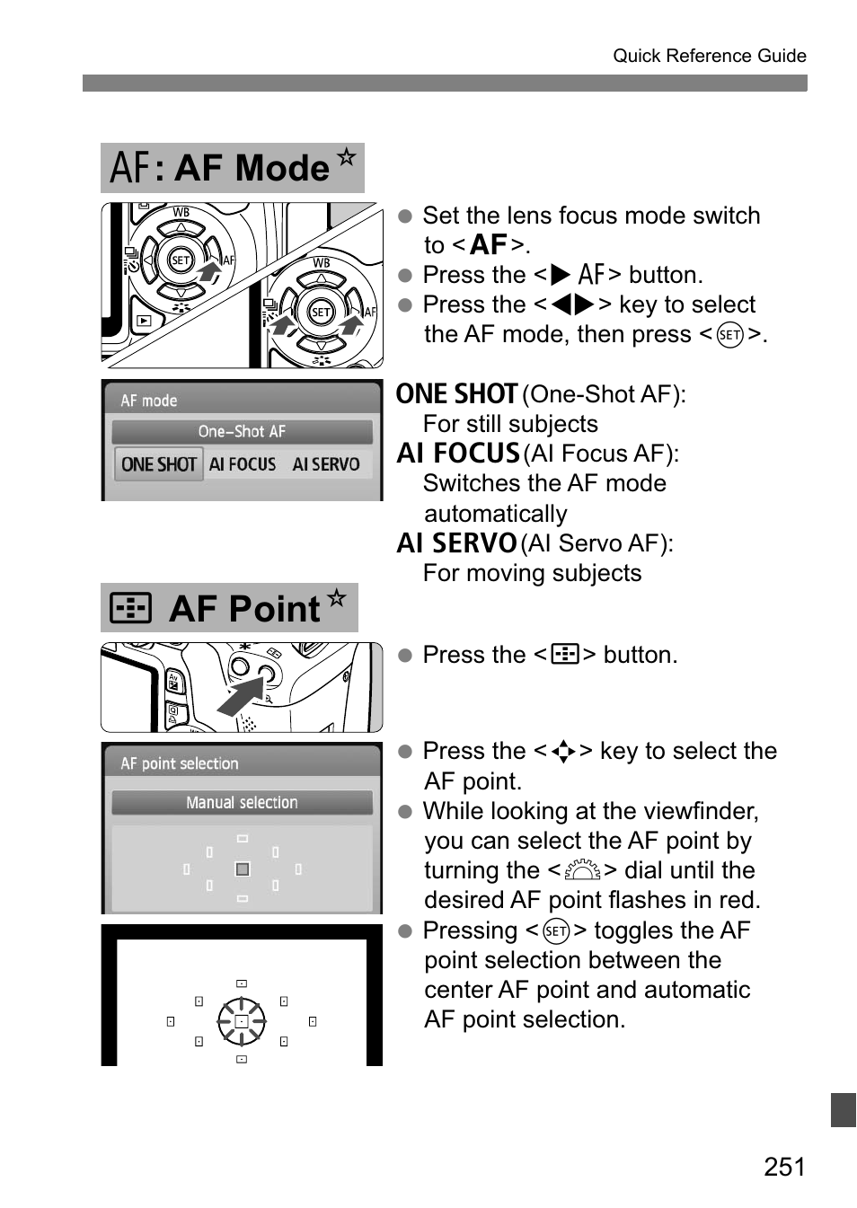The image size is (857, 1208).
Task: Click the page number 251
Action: coord(784,1166)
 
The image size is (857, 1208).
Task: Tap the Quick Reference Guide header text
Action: coord(709,56)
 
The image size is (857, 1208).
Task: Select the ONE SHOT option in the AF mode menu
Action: coord(159,464)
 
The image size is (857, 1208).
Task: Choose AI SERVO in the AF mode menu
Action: coord(325,464)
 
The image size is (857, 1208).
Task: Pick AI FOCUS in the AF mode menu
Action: coord(243,464)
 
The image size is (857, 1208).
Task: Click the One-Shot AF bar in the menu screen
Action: coord(242,432)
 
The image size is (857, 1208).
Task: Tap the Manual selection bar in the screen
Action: coord(242,803)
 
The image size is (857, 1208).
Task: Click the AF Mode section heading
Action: coord(232,168)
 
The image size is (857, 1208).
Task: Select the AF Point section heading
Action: coord(228,608)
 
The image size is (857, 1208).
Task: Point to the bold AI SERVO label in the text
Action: coord(456,543)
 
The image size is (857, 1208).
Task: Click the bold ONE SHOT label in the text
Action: coord(456,394)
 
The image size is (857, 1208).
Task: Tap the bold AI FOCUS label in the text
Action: coord(458,454)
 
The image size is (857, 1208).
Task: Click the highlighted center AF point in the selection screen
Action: coord(242,869)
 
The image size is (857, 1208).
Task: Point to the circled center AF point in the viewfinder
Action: coord(242,1022)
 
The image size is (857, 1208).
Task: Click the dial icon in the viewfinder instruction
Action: coord(583,870)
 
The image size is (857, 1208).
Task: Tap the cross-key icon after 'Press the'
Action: coord(563,751)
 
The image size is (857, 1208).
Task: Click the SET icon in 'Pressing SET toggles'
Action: coord(556,930)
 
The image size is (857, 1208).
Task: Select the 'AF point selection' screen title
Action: coord(180,763)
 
